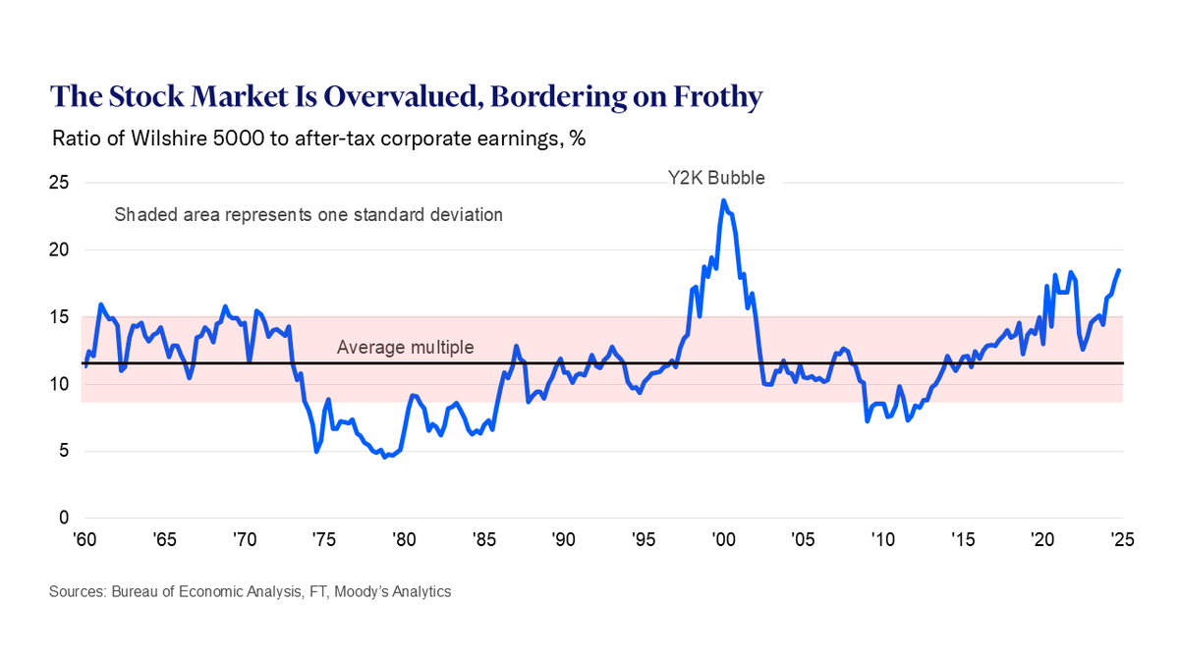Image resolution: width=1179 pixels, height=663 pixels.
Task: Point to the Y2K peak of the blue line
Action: [x=724, y=200]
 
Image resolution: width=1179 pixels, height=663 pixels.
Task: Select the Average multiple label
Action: [x=405, y=347]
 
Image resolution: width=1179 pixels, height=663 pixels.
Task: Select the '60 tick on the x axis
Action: [x=85, y=539]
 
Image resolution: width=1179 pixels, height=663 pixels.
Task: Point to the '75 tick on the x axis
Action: [x=321, y=539]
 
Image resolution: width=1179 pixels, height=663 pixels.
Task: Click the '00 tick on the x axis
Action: [x=722, y=539]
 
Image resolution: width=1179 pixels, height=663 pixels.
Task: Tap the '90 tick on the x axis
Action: [x=563, y=539]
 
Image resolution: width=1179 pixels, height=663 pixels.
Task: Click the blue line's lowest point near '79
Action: [x=384, y=457]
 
